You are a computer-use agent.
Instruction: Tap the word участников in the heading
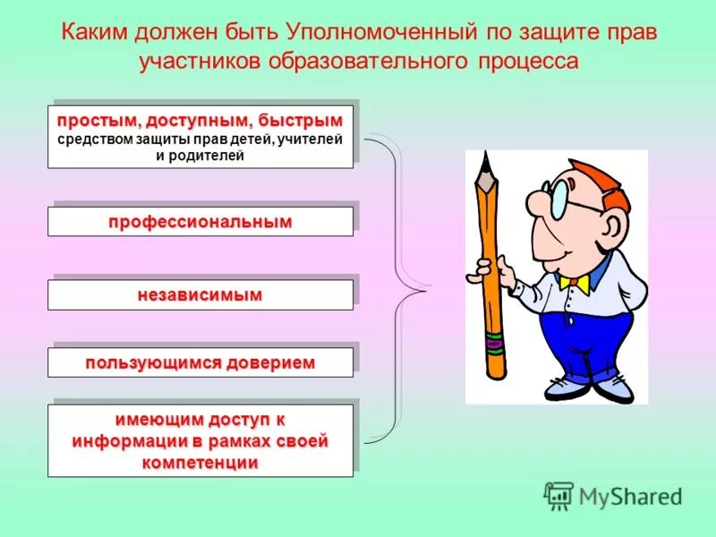195,62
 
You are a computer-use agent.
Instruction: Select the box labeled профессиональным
200,222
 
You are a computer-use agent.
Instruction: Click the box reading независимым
200,294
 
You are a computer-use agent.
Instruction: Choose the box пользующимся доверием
200,362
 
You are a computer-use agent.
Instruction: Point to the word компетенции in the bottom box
200,462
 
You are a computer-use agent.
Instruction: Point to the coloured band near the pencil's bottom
492,341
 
